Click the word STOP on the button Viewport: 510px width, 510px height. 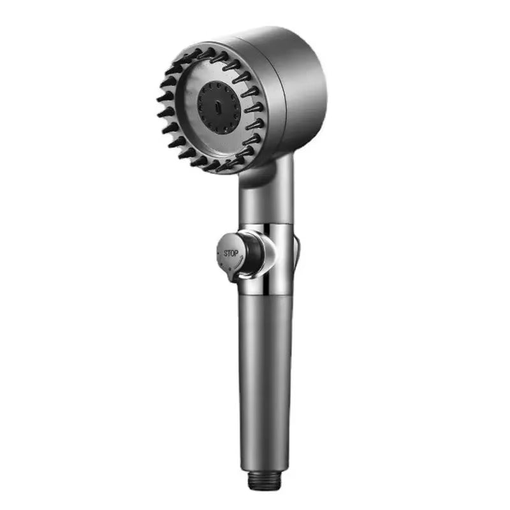pyautogui.click(x=230, y=253)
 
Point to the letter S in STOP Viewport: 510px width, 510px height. pyautogui.click(x=225, y=252)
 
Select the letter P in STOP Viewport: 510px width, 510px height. pyautogui.click(x=236, y=254)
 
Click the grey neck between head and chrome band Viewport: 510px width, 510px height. pyautogui.click(x=266, y=204)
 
